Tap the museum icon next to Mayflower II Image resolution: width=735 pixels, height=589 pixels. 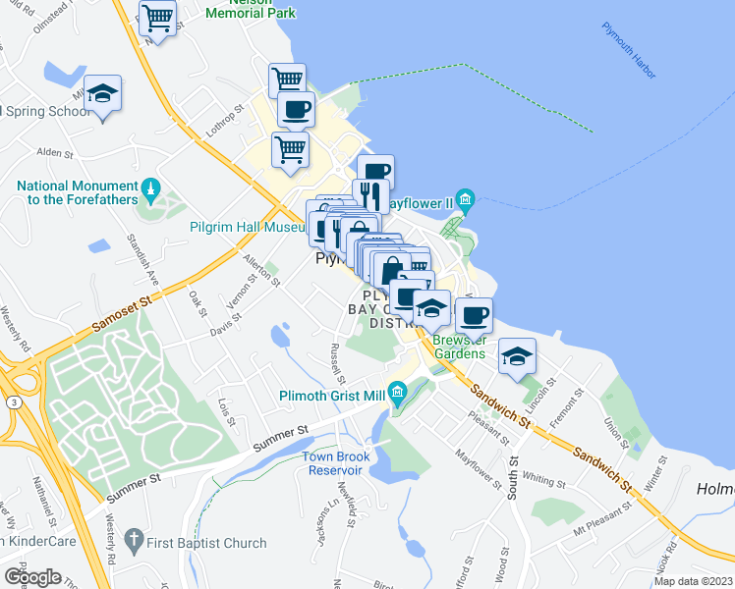point(465,201)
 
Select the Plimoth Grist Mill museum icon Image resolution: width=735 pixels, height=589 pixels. point(397,395)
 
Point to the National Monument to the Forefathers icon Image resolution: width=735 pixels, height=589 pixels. point(149,186)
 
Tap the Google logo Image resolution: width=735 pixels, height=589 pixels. point(31,576)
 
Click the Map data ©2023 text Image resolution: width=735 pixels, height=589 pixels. point(693,581)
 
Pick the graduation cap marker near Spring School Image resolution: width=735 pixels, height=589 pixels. point(102,94)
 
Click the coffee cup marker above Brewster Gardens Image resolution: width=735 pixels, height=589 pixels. point(474,316)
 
